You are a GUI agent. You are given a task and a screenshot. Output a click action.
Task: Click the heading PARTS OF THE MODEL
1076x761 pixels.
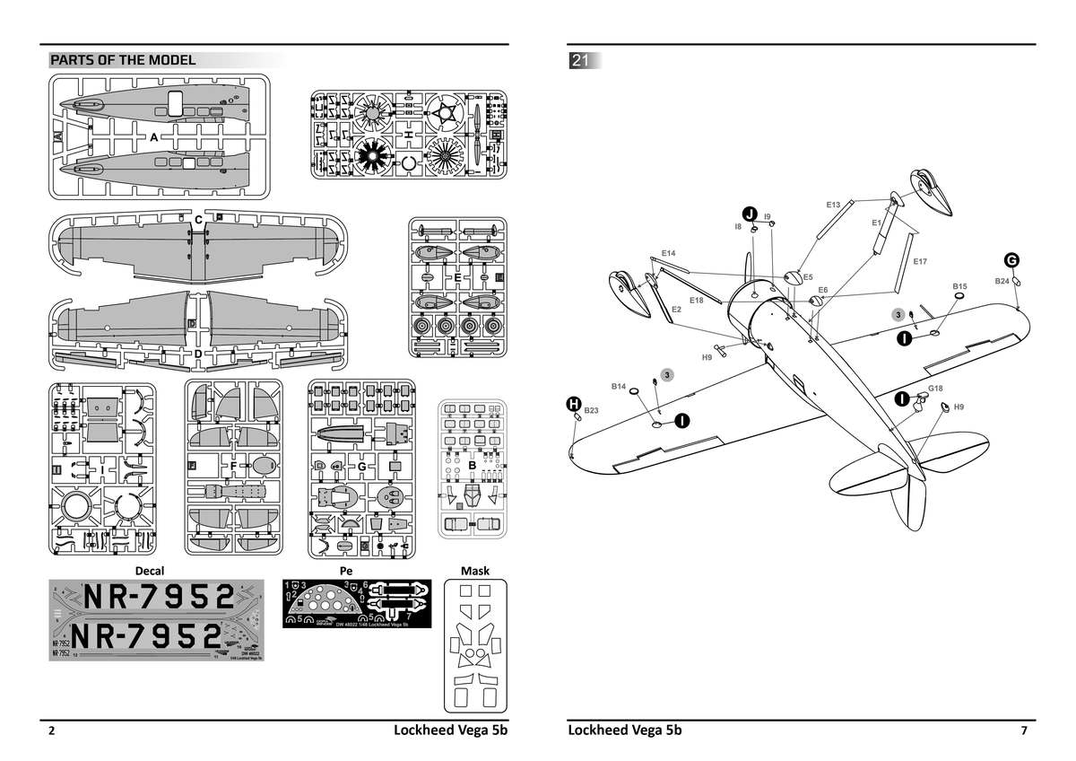pos(123,61)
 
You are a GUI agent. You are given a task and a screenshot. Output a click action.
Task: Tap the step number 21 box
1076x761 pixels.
pos(580,61)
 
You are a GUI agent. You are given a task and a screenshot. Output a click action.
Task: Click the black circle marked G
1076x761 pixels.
pos(1011,260)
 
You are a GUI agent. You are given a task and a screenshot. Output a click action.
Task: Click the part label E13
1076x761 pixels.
pos(833,206)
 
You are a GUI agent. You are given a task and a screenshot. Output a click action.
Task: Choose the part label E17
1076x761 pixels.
pos(919,261)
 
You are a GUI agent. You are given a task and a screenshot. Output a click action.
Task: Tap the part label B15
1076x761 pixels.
pos(959,285)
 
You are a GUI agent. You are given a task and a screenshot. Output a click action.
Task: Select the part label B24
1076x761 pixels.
pos(1002,281)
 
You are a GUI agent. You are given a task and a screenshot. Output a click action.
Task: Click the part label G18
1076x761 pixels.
pos(935,389)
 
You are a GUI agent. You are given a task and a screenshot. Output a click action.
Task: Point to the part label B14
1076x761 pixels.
pos(619,386)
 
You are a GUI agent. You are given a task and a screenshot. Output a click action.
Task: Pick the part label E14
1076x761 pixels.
pos(668,254)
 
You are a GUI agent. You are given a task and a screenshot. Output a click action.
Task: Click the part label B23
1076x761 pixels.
pos(591,410)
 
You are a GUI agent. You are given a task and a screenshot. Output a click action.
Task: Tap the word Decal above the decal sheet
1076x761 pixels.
pos(149,571)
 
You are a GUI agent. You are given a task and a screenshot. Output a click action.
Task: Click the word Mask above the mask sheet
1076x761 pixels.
pos(474,571)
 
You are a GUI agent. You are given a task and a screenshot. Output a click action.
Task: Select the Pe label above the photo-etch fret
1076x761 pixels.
pos(345,571)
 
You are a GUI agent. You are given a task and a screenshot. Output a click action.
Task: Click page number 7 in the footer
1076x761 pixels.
pos(1024,730)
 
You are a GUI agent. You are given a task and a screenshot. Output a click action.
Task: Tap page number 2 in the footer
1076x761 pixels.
pos(52,730)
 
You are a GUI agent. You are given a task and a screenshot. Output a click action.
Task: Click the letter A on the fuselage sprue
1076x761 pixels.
pos(153,138)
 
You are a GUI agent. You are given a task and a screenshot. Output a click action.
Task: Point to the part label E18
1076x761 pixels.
pos(697,300)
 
